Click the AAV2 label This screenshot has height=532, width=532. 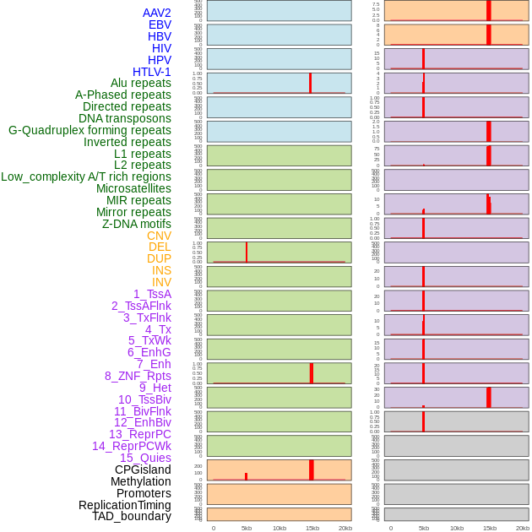pyautogui.click(x=156, y=13)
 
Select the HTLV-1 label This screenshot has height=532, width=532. pyautogui.click(x=151, y=72)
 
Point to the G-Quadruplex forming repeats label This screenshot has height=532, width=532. pyautogui.click(x=90, y=130)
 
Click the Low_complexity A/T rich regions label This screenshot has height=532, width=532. pyautogui.click(x=86, y=176)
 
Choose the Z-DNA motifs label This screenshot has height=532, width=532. pyautogui.click(x=137, y=224)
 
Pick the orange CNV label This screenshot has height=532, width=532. pyautogui.click(x=159, y=236)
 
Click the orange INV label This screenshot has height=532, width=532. pyautogui.click(x=161, y=282)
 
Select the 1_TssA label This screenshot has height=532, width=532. pyautogui.click(x=152, y=294)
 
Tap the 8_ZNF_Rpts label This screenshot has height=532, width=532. pyautogui.click(x=138, y=376)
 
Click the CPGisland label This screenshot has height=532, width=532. pyautogui.click(x=143, y=470)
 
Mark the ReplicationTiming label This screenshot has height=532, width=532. pyautogui.click(x=125, y=505)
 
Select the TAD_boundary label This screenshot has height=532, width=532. pyautogui.click(x=132, y=516)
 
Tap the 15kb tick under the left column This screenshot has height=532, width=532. pyautogui.click(x=312, y=528)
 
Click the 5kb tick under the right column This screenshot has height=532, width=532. pyautogui.click(x=423, y=528)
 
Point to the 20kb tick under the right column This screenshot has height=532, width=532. pyautogui.click(x=523, y=528)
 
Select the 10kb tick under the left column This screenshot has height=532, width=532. pyautogui.click(x=279, y=528)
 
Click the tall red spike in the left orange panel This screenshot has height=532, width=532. pyautogui.click(x=312, y=470)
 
